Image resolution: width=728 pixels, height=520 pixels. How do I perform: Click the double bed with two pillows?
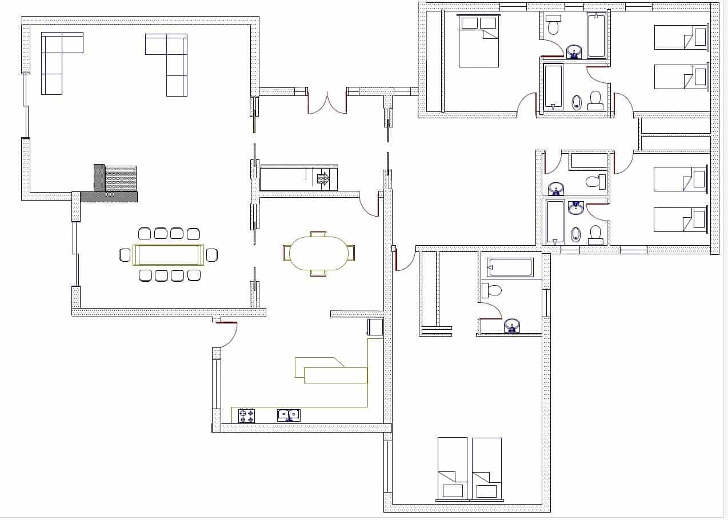point(479,41)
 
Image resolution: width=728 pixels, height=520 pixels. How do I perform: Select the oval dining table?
point(318,253)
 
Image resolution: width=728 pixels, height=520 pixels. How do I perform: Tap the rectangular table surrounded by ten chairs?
point(169,255)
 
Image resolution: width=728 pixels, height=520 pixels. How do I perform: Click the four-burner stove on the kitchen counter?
point(246,415)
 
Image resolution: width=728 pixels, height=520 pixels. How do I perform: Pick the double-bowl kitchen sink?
point(289,415)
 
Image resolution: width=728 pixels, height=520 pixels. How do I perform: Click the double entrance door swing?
point(327,103)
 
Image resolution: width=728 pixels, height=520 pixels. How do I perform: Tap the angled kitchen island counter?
point(331,371)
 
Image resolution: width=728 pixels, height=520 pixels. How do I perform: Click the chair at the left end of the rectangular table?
point(125,255)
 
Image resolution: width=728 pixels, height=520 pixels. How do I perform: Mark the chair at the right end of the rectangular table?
point(212,255)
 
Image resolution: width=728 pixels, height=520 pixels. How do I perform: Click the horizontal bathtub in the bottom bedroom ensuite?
point(510,267)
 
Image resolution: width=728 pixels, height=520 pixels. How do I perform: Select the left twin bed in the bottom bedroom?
point(452,469)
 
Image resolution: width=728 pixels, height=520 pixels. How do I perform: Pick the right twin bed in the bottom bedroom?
point(487,469)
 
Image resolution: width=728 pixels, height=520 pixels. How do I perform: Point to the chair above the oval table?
point(318,234)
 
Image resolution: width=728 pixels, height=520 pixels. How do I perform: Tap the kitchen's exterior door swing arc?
point(226,336)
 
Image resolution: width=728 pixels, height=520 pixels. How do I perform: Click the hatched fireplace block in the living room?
point(121,178)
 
